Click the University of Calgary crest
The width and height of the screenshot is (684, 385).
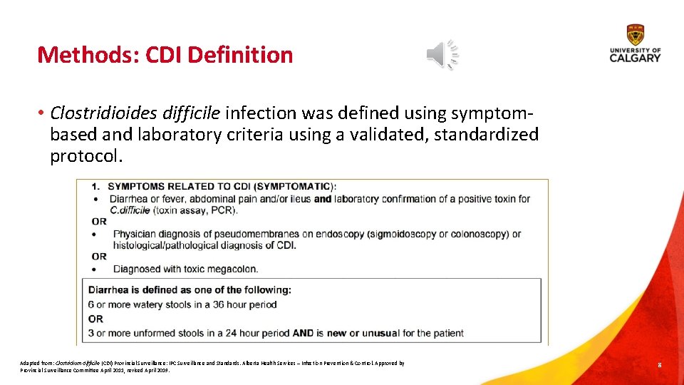635,34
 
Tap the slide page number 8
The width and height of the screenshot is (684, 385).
660,365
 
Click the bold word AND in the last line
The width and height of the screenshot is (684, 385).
303,333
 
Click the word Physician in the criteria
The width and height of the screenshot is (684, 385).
134,234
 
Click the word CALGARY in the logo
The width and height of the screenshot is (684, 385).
635,58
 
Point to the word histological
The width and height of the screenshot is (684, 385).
136,245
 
